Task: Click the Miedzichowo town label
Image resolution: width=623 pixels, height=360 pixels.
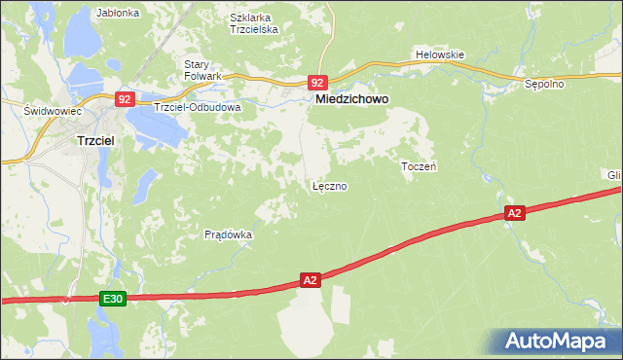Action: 351,99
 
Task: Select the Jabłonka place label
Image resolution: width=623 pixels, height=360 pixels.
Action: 119,14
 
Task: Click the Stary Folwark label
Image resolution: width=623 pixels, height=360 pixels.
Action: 203,70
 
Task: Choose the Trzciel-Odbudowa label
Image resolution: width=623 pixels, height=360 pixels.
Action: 197,107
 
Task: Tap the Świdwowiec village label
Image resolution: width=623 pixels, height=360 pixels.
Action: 52,111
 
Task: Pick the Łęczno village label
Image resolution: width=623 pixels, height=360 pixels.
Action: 329,185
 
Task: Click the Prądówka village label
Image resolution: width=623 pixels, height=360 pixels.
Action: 229,234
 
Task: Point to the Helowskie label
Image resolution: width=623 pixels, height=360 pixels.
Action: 439,55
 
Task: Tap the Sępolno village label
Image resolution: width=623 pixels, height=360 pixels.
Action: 544,85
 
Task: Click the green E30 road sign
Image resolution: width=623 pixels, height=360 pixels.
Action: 112,301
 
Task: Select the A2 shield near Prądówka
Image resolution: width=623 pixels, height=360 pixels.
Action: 310,280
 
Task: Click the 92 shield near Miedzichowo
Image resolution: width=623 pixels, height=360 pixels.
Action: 318,83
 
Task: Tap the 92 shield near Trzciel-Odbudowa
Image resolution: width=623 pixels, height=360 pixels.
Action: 125,98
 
